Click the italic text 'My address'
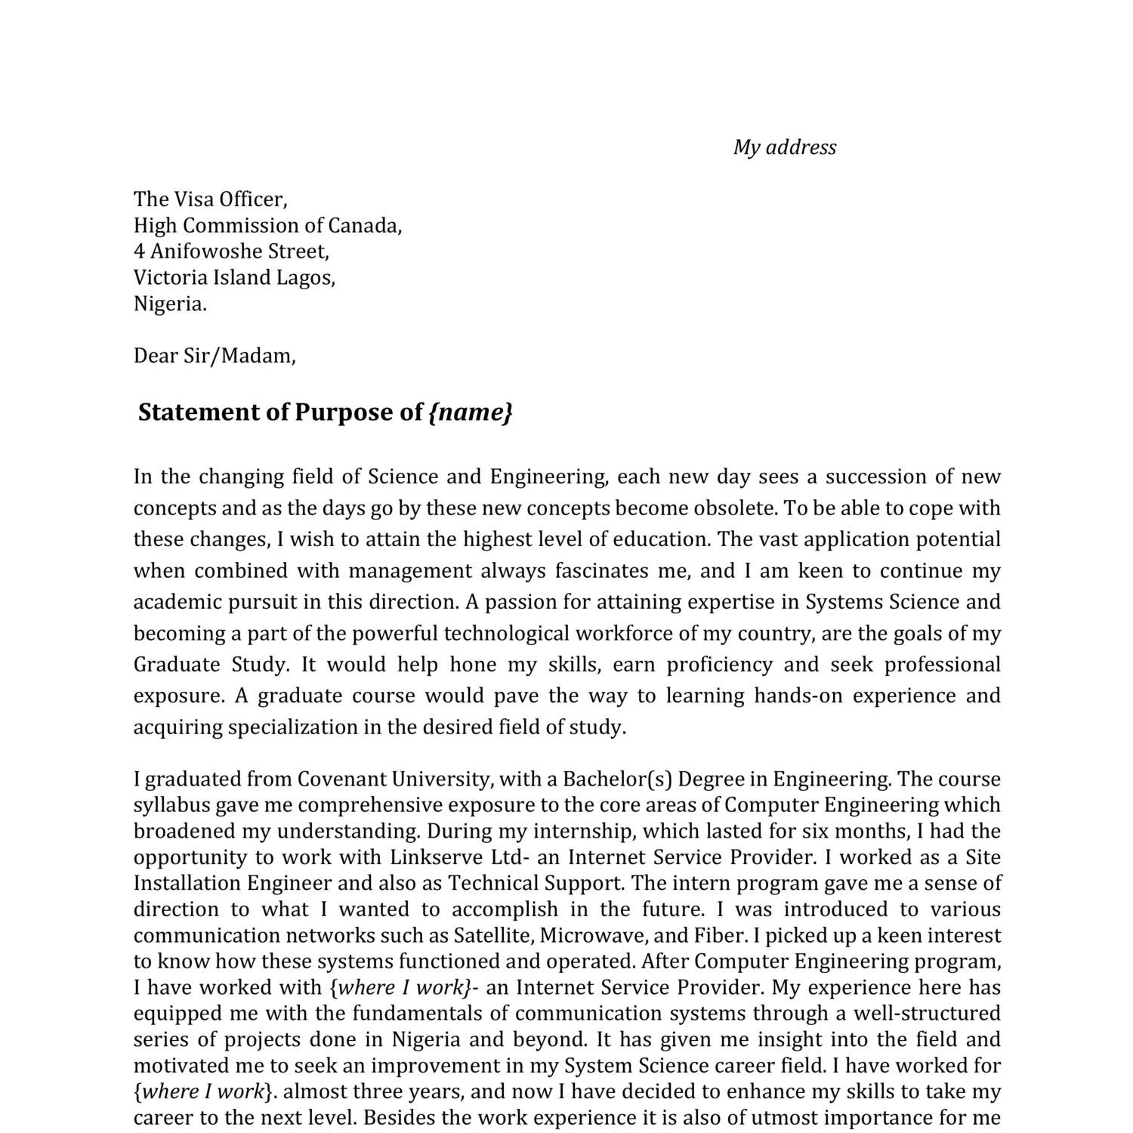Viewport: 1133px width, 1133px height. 785,147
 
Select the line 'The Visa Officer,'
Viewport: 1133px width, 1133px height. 211,199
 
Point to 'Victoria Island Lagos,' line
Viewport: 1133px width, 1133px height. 234,278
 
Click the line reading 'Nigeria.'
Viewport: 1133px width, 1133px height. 170,304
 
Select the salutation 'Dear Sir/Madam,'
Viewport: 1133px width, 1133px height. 215,356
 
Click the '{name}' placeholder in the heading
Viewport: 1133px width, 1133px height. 471,412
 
